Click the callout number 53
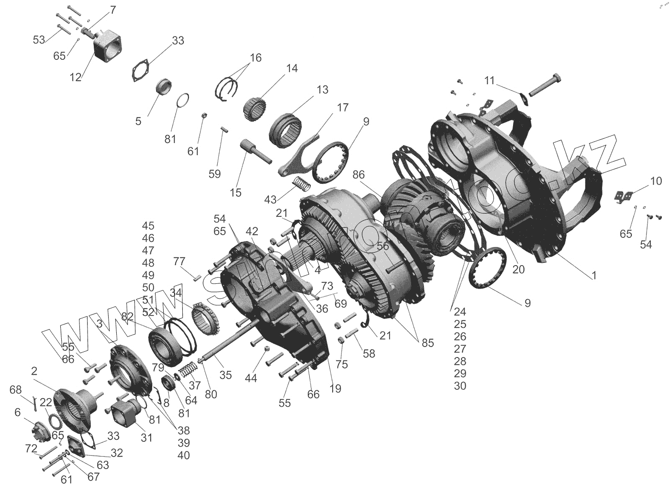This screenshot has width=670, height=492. [39, 40]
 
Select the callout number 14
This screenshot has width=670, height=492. [292, 69]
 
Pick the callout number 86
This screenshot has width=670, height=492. [358, 175]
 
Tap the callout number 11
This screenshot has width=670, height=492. [489, 80]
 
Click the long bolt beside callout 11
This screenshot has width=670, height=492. [546, 86]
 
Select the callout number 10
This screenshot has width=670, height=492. [656, 181]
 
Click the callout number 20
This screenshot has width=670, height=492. [518, 269]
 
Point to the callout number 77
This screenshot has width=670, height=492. [179, 261]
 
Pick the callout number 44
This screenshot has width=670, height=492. [251, 378]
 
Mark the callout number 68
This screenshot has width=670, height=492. [16, 391]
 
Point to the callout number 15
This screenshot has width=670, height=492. [235, 193]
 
